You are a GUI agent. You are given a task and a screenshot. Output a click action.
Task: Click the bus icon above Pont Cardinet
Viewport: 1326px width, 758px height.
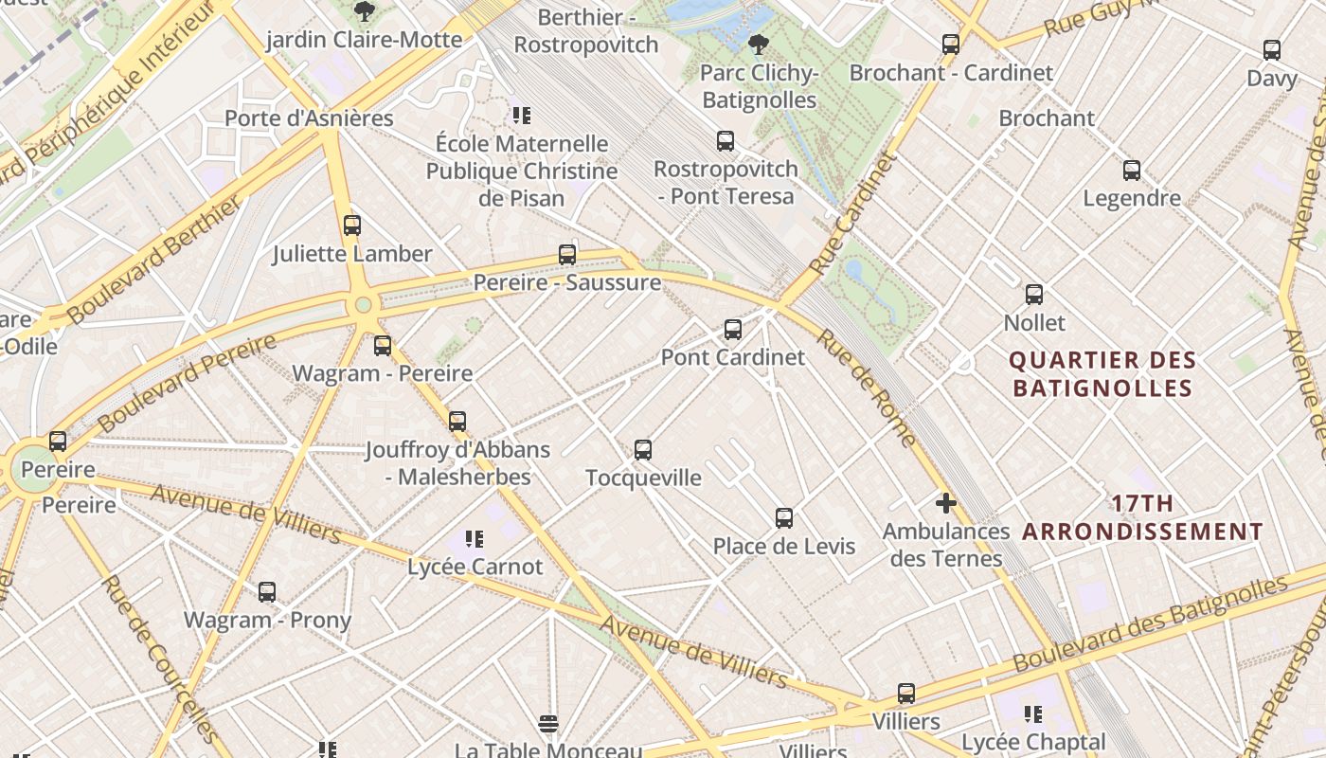click(732, 330)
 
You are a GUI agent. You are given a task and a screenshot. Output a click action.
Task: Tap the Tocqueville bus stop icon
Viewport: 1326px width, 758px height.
click(643, 450)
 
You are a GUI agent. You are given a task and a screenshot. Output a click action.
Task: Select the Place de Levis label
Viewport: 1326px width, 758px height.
click(784, 546)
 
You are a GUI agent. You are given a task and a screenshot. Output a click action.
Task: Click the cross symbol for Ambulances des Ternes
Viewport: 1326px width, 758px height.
click(945, 503)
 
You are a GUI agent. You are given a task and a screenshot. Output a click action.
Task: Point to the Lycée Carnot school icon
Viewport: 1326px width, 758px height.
click(475, 540)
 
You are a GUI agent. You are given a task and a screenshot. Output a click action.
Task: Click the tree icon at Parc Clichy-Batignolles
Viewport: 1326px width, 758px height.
click(758, 44)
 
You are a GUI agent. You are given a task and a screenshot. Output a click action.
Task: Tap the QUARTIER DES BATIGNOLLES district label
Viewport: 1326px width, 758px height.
click(1102, 374)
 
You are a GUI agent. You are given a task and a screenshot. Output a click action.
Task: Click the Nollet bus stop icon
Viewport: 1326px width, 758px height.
click(1034, 295)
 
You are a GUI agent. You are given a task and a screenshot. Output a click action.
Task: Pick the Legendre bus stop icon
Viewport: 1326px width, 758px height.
click(1132, 171)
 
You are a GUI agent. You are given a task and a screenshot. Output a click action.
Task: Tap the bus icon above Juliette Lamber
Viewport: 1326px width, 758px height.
click(352, 226)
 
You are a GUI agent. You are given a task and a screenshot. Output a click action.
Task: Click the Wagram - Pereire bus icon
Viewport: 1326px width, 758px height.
click(383, 346)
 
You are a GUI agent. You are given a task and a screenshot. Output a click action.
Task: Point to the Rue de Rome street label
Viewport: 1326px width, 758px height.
click(867, 388)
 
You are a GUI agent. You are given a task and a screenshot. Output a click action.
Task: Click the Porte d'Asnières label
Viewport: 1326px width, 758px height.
click(309, 118)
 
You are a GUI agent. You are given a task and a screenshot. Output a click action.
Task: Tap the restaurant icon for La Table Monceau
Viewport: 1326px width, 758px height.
click(548, 725)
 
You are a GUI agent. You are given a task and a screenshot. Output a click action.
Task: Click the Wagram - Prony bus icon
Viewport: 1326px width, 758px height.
click(267, 592)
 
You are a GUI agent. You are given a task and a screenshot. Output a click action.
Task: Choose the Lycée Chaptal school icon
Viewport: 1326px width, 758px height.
click(1033, 713)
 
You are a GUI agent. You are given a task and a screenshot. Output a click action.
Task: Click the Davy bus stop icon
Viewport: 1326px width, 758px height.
click(1272, 50)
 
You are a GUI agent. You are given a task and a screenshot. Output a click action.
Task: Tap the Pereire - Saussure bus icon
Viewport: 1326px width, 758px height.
click(567, 255)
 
